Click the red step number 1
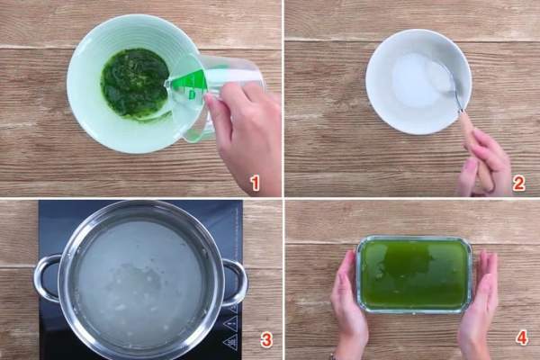(256, 183)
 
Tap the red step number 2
(519, 183)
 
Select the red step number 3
(265, 340)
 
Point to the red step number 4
(521, 338)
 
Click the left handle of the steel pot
(48, 278)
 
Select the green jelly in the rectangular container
(413, 274)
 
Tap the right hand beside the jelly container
(479, 303)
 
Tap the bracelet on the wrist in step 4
(333, 355)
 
